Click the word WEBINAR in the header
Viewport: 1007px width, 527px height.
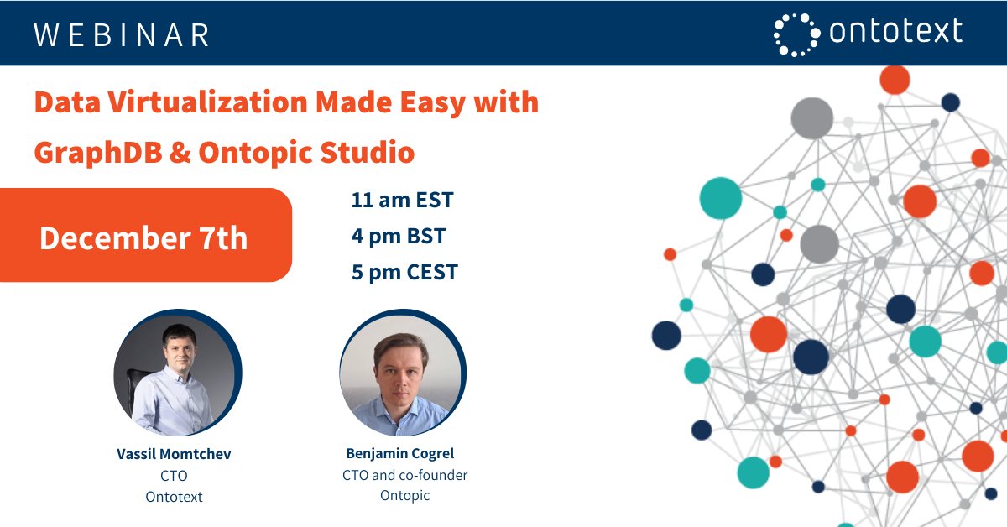pyautogui.click(x=122, y=34)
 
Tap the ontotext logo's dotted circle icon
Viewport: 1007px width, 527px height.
pyautogui.click(x=796, y=34)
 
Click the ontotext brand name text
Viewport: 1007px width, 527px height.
pyautogui.click(x=895, y=33)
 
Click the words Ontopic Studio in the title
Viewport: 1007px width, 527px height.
pyautogui.click(x=306, y=153)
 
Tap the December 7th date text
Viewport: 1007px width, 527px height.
pyautogui.click(x=143, y=237)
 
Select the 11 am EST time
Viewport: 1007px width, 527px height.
pyautogui.click(x=402, y=201)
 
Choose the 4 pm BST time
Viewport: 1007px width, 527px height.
pyautogui.click(x=398, y=236)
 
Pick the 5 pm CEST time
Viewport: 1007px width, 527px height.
pyautogui.click(x=404, y=272)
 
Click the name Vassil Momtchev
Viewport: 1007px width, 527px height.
pyautogui.click(x=174, y=454)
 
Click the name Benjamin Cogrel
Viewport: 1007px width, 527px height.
pyautogui.click(x=400, y=453)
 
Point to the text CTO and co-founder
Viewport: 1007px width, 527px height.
pyautogui.click(x=404, y=475)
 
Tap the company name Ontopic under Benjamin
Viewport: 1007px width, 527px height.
pyautogui.click(x=404, y=495)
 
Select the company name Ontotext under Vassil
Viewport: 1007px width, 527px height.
pyautogui.click(x=174, y=496)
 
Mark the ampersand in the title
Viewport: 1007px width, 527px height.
pyautogui.click(x=181, y=154)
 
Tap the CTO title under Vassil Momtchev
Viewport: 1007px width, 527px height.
pyautogui.click(x=174, y=476)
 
